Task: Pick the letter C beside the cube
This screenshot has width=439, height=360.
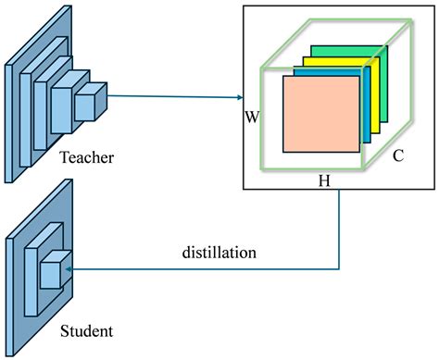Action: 397,155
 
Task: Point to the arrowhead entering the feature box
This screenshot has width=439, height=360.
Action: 239,96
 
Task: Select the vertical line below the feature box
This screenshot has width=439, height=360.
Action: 340,227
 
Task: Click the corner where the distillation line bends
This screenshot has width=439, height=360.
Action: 340,268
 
